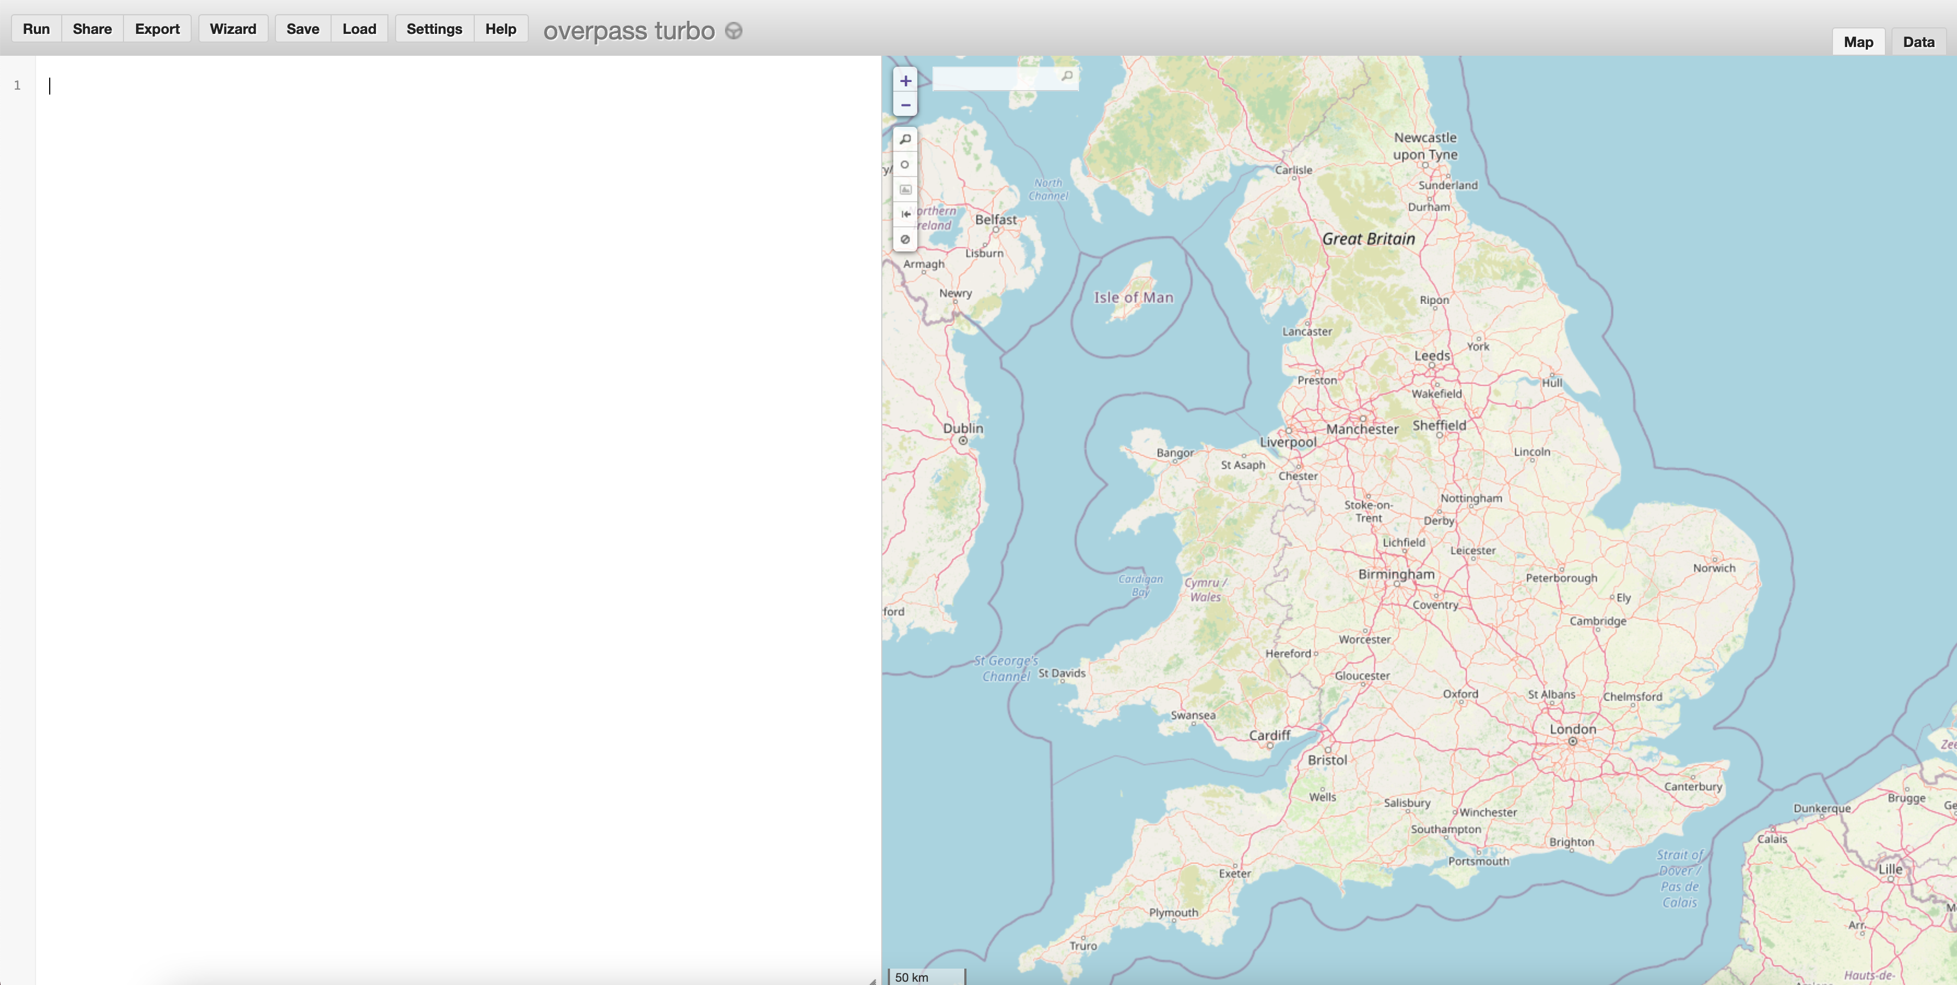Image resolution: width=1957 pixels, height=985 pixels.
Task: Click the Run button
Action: click(x=36, y=29)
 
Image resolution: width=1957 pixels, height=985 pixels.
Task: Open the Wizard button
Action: click(x=233, y=29)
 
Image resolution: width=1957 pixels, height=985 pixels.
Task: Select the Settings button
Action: click(x=434, y=29)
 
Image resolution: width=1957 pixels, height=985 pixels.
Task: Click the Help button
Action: click(x=500, y=29)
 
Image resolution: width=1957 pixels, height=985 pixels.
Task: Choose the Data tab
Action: click(x=1918, y=42)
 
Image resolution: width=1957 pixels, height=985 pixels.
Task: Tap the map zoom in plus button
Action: click(x=905, y=80)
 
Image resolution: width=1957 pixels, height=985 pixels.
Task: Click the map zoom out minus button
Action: click(x=905, y=105)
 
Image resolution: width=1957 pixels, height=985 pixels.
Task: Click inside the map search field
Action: click(x=995, y=77)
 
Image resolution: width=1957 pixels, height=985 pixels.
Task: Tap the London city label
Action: click(x=1572, y=729)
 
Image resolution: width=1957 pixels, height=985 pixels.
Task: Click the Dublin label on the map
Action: click(x=963, y=428)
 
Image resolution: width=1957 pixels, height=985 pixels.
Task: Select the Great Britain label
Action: click(x=1368, y=239)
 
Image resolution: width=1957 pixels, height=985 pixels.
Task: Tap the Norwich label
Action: click(x=1714, y=568)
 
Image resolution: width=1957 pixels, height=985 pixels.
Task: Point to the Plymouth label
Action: click(x=1173, y=912)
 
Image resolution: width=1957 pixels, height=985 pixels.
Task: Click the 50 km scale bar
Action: click(x=926, y=977)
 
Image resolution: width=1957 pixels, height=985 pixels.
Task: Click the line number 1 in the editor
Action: click(x=17, y=85)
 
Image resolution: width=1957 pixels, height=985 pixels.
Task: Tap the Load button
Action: click(x=358, y=29)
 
